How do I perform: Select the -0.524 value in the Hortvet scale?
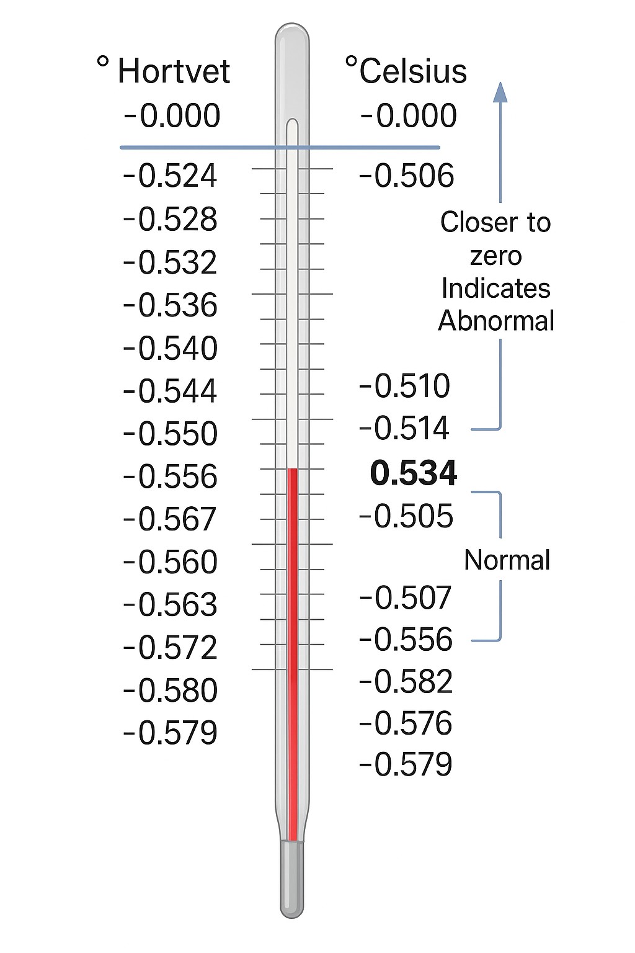click(x=171, y=176)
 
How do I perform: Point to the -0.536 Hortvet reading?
click(x=171, y=306)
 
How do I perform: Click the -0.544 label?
click(x=171, y=391)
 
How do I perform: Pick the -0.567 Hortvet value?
click(x=171, y=520)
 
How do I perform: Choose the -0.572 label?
click(x=171, y=648)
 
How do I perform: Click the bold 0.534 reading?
click(x=413, y=473)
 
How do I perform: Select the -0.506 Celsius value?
click(x=407, y=176)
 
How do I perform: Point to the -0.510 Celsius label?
click(x=405, y=387)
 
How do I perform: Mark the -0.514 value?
click(x=404, y=429)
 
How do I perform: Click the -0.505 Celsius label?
click(x=407, y=517)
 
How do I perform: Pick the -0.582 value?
click(x=406, y=682)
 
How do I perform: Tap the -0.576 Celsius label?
click(x=406, y=724)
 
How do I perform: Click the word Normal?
click(x=507, y=560)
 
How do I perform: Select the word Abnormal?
click(x=496, y=321)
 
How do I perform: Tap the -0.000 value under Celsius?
click(x=409, y=116)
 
